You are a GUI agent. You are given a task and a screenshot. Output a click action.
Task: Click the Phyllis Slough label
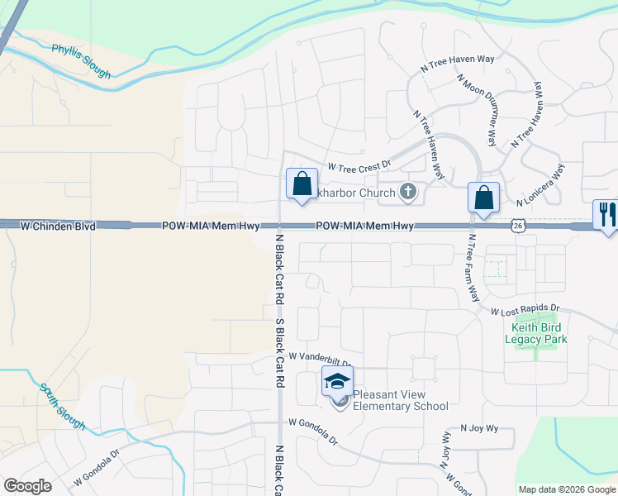pyautogui.click(x=81, y=61)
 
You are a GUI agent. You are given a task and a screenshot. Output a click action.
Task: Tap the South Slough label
pyautogui.click(x=62, y=406)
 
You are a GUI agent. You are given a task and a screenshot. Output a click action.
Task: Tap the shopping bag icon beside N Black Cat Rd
pyautogui.click(x=302, y=184)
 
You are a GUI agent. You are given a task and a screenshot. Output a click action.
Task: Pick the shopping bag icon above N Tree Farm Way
pyautogui.click(x=483, y=198)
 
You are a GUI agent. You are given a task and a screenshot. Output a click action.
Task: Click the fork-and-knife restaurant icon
pyautogui.click(x=606, y=215)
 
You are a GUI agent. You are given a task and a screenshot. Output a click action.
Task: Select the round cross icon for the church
pyautogui.click(x=407, y=193)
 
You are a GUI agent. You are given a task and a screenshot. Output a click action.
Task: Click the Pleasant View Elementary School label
pyautogui.click(x=401, y=400)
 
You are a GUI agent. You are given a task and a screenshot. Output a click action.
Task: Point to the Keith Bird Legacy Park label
pyautogui.click(x=536, y=333)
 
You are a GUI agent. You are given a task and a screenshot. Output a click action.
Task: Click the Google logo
pyautogui.click(x=27, y=486)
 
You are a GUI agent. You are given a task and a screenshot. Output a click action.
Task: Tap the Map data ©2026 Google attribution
pyautogui.click(x=568, y=489)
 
